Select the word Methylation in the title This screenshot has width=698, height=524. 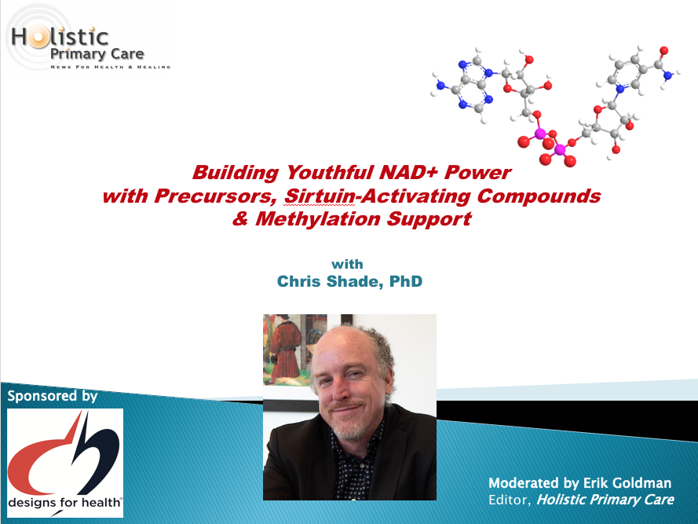coord(318,218)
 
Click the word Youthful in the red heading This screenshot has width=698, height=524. coord(329,172)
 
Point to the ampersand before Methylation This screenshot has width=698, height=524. coord(240,218)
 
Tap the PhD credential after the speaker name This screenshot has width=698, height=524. coord(406,281)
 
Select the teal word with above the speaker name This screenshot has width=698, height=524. coord(347,264)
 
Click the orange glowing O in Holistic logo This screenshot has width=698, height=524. coord(38,37)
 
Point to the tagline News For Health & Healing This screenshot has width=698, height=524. coord(111,67)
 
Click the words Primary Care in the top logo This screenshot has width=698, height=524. coord(97,54)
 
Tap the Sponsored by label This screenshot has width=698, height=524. coord(53,396)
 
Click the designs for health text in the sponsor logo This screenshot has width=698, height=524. coord(64,503)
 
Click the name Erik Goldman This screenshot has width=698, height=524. coord(627,483)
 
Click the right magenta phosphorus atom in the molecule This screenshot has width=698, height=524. coord(560,150)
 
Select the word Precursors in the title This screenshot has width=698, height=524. coord(215,196)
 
